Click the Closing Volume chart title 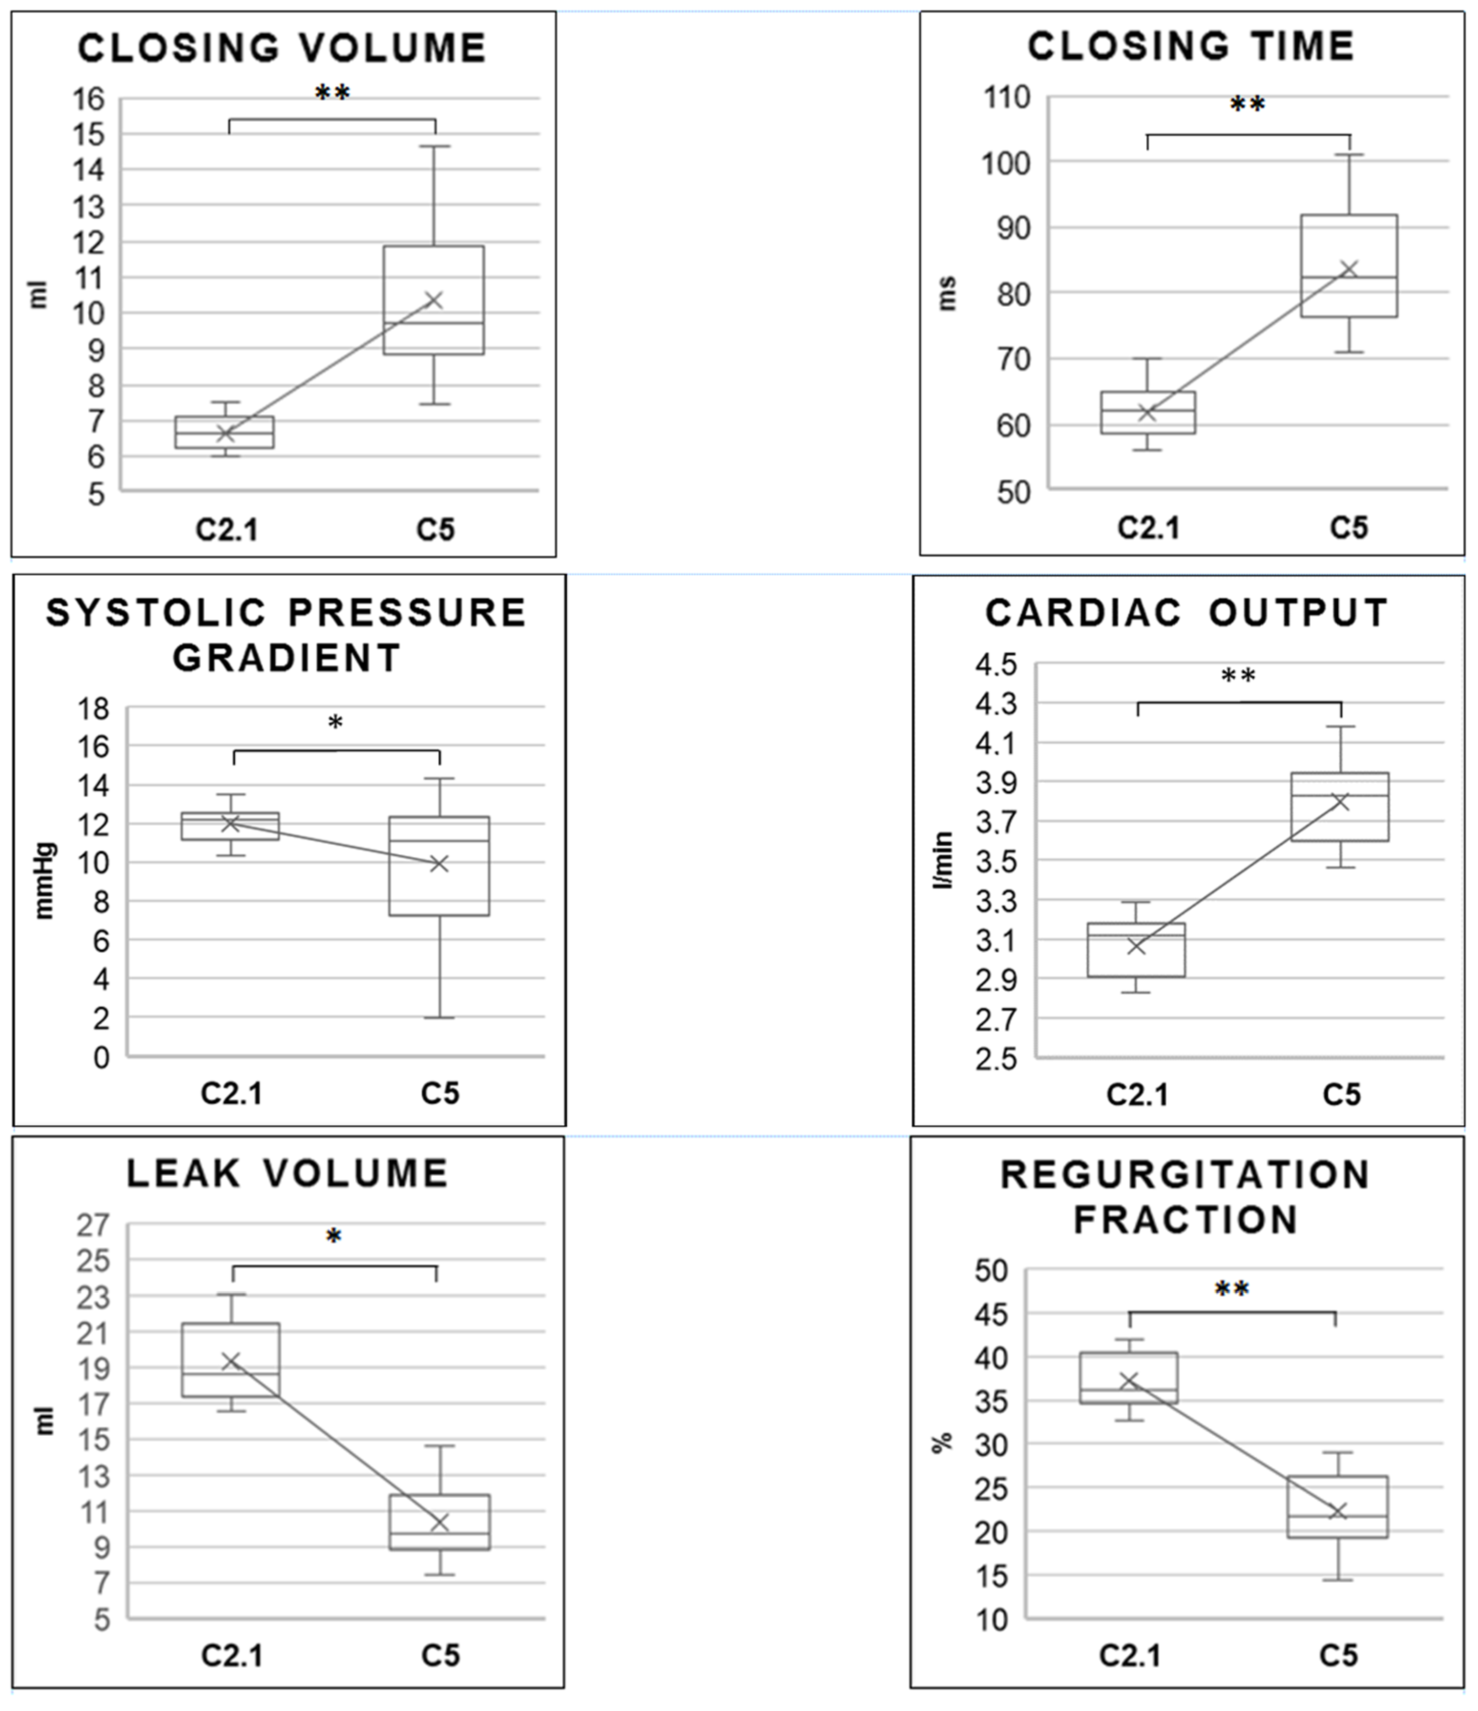click(x=282, y=48)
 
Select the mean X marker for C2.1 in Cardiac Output click(x=1137, y=946)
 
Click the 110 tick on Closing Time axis click(x=1007, y=97)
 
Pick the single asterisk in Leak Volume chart click(x=333, y=1236)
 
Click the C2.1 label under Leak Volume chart click(x=232, y=1656)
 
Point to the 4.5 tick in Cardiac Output click(x=997, y=665)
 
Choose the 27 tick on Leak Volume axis click(x=94, y=1225)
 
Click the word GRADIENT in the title click(x=287, y=658)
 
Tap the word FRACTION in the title click(x=1186, y=1220)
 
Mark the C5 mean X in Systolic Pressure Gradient click(x=439, y=864)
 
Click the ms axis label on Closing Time click(x=948, y=293)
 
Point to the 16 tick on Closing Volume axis click(x=89, y=99)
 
